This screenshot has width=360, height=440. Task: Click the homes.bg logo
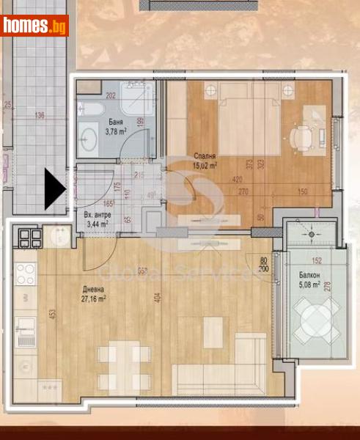click(34, 26)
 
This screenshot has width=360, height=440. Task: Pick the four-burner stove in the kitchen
click(26, 274)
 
